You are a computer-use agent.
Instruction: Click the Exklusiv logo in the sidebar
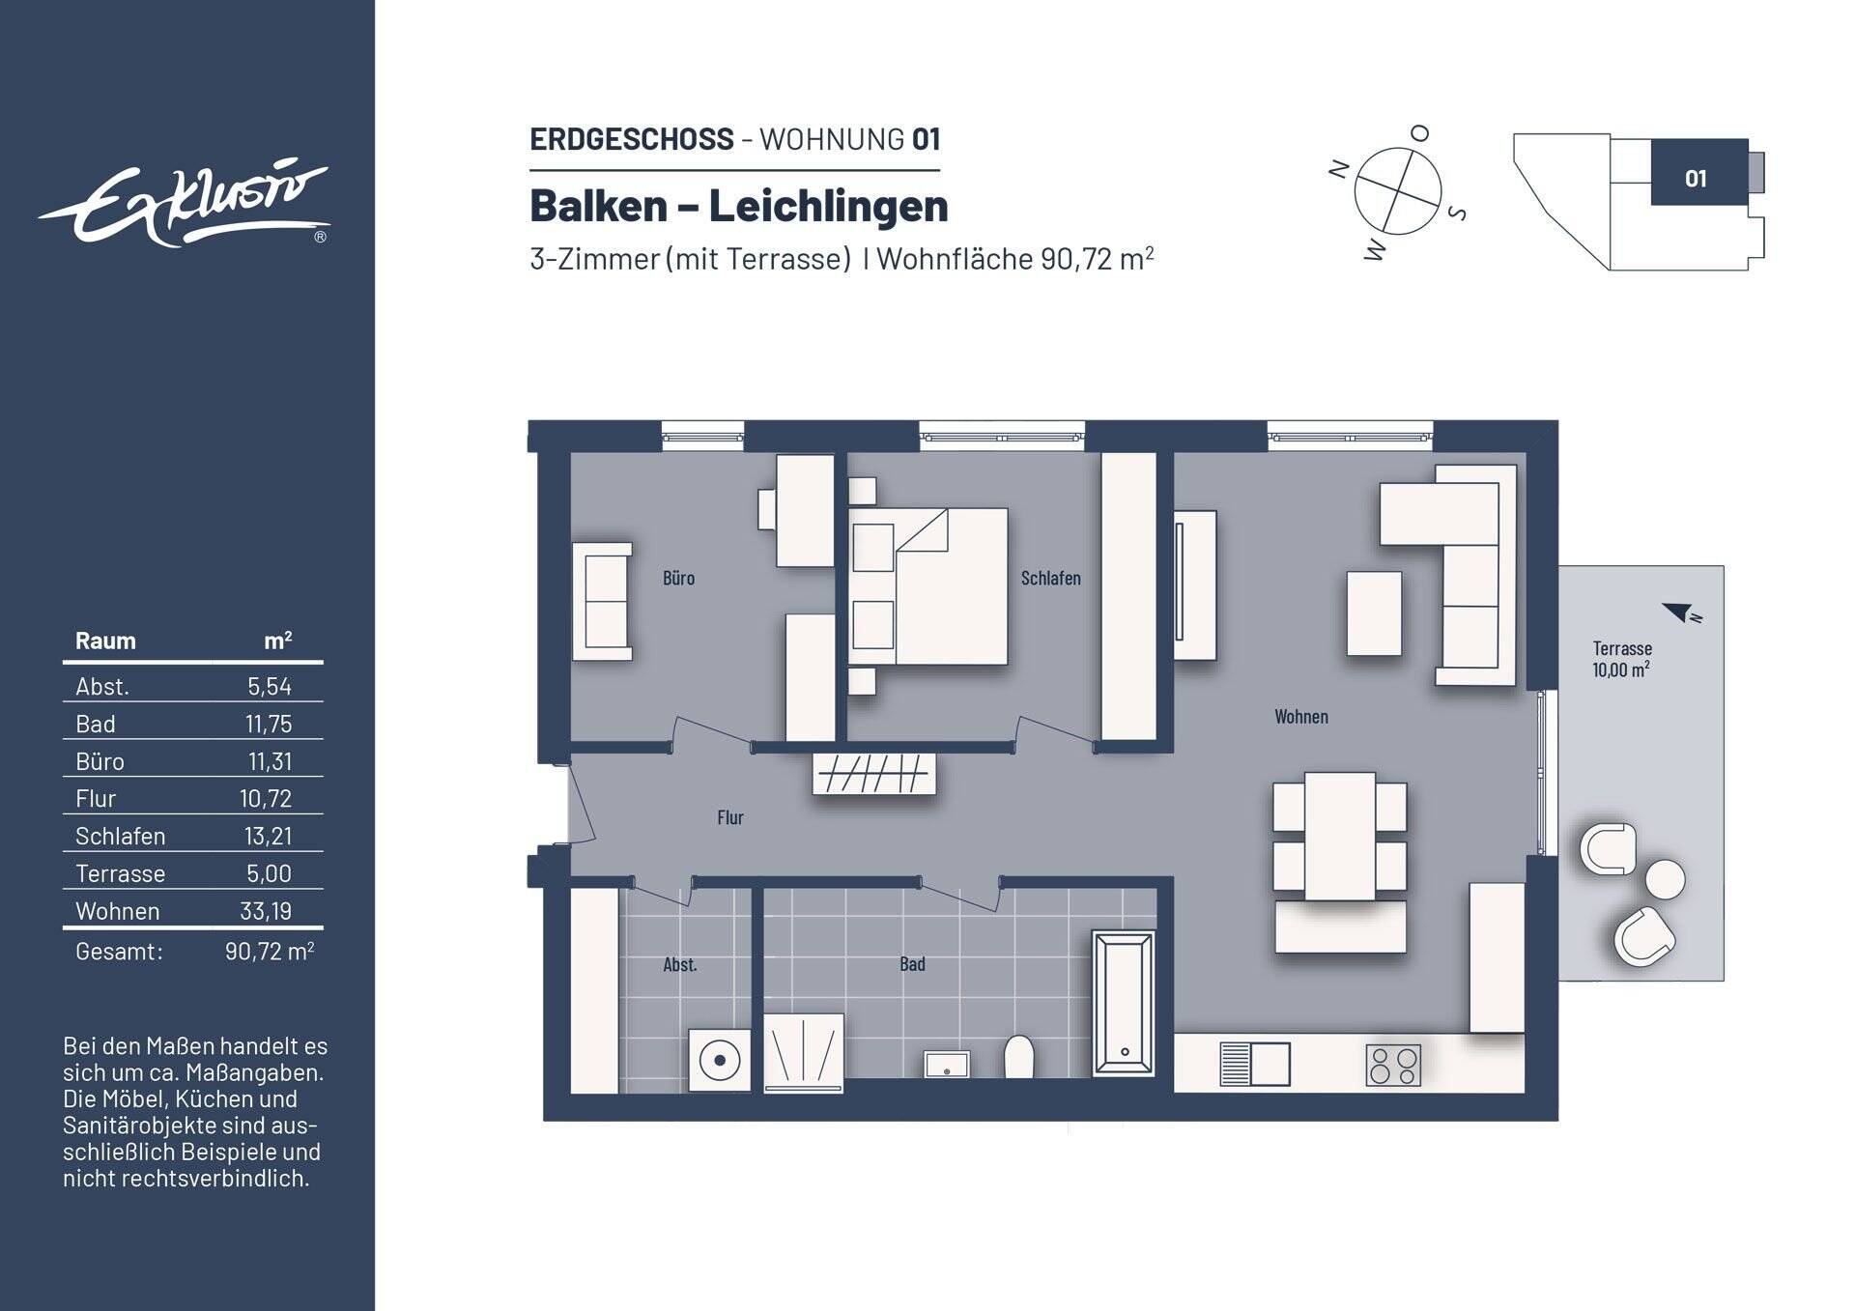point(184,203)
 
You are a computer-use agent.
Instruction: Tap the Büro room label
point(678,578)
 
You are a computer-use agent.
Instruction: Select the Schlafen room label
point(1050,578)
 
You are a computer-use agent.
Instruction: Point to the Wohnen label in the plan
point(1300,717)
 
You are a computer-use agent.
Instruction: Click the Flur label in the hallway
point(729,818)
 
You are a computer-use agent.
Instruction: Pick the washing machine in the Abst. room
point(719,1061)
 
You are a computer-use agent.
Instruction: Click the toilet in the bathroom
point(1019,1057)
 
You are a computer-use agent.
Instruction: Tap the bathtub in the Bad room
point(1124,1003)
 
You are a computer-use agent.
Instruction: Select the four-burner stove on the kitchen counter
point(1393,1065)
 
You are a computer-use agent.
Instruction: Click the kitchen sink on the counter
point(1255,1064)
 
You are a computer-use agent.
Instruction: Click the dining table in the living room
point(1340,836)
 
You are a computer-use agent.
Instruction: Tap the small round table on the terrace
point(1665,879)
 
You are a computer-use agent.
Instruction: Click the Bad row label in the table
point(96,724)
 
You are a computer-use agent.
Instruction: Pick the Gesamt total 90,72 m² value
point(270,952)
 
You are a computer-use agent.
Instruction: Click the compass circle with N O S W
point(1397,191)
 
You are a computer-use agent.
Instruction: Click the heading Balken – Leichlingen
point(739,206)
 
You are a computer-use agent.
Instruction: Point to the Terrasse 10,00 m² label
point(1621,659)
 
